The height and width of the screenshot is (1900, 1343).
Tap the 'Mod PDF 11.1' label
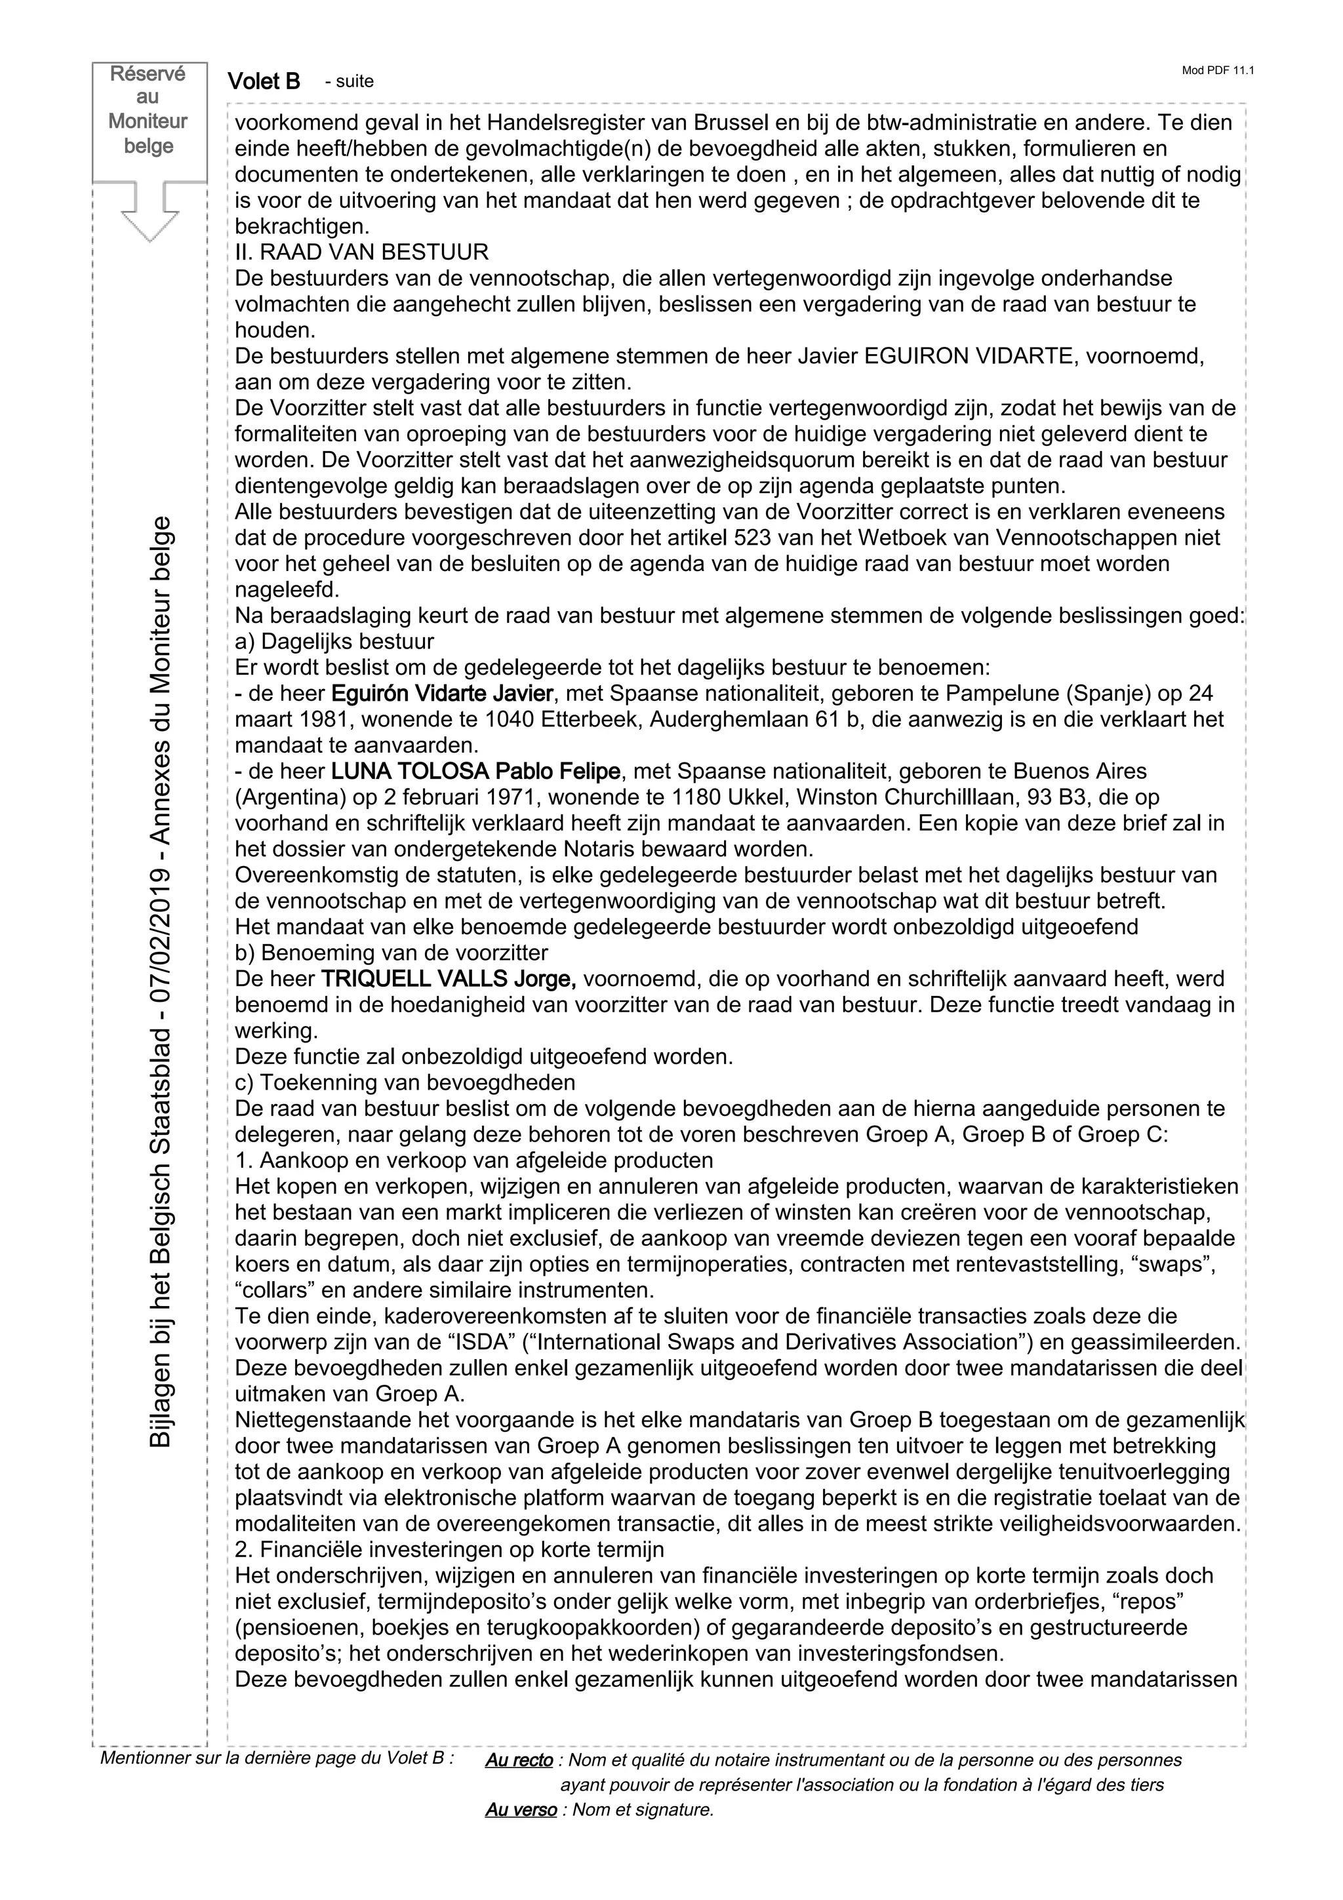(1217, 70)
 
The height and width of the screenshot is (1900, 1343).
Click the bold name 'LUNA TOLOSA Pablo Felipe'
(476, 771)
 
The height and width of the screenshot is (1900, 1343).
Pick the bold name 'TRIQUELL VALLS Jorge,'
(449, 979)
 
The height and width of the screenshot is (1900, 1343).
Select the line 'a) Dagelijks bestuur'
(334, 641)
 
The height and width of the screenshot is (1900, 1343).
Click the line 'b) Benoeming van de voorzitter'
(391, 953)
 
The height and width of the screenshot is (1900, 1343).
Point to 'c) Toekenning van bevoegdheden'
(405, 1082)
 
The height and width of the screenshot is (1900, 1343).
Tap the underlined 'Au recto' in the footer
(519, 1759)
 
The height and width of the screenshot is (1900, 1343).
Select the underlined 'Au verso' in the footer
(521, 1809)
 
